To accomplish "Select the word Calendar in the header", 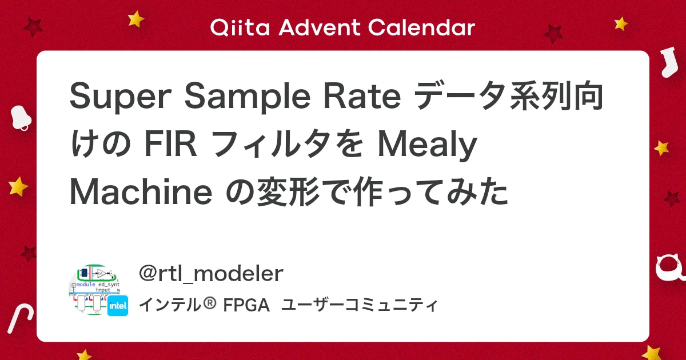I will point(422,27).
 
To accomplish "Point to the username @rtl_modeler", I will point(211,274).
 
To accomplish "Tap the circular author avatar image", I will point(91,290).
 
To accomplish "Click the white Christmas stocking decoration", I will point(665,62).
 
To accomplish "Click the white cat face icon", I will point(670,269).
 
